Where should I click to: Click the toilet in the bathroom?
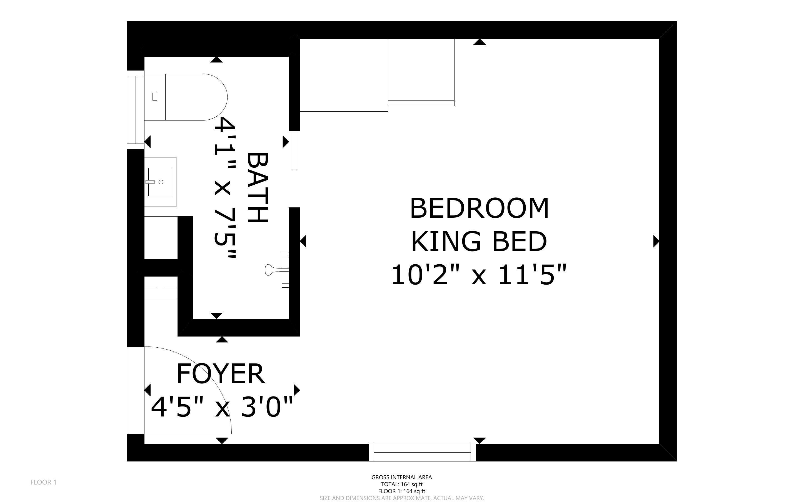pyautogui.click(x=186, y=97)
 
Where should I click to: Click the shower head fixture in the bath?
pyautogui.click(x=277, y=270)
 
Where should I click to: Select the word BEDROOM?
pyautogui.click(x=479, y=208)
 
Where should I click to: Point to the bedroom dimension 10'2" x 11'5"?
pyautogui.click(x=479, y=275)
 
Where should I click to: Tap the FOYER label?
pyautogui.click(x=221, y=373)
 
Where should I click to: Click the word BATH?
pyautogui.click(x=257, y=188)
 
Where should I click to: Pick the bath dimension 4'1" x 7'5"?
pyautogui.click(x=225, y=188)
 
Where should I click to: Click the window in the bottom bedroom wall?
pyautogui.click(x=423, y=453)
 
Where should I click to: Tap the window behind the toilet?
pyautogui.click(x=136, y=110)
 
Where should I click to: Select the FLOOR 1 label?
pyautogui.click(x=44, y=482)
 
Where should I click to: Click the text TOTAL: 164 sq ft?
pyautogui.click(x=402, y=484)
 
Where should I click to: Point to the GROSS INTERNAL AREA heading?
pyautogui.click(x=402, y=477)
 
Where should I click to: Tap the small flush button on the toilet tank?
pyautogui.click(x=154, y=97)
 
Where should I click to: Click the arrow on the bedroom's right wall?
pyautogui.click(x=656, y=241)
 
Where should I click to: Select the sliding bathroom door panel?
pyautogui.click(x=294, y=150)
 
